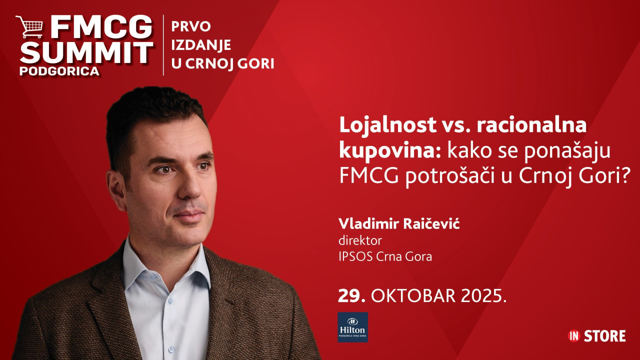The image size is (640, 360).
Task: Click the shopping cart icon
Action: coord(29,27)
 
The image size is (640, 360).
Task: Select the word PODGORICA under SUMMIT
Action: coord(59,71)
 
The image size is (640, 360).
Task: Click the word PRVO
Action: coord(191,26)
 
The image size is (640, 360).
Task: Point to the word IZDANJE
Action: coord(201,45)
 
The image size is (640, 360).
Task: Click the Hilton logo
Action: coord(352,327)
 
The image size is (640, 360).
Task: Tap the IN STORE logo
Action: coord(596,336)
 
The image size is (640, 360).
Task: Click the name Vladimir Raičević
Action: coord(399,223)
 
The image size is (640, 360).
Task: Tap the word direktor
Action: coord(360,240)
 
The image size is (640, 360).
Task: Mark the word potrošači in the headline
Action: coord(450,176)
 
